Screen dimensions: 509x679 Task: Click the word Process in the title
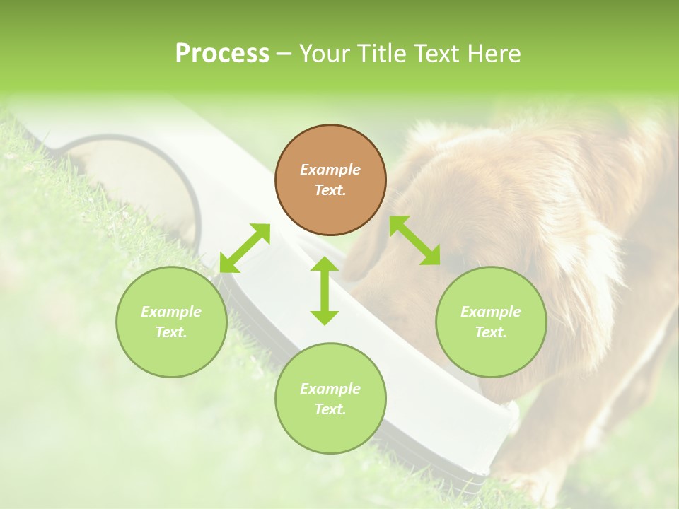click(x=222, y=54)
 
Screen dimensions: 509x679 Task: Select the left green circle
click(x=171, y=322)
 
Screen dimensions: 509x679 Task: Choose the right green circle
click(x=491, y=322)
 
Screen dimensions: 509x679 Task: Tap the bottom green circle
click(x=330, y=398)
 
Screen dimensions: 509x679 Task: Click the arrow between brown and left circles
click(x=245, y=248)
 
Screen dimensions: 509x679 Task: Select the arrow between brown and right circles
click(x=415, y=240)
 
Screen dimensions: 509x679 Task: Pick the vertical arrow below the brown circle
click(x=325, y=291)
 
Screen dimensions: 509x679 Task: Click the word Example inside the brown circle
click(x=330, y=170)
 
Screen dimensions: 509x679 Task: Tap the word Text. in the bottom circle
click(x=330, y=409)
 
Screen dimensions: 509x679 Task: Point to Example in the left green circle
click(x=171, y=312)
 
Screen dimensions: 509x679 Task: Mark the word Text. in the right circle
click(x=491, y=332)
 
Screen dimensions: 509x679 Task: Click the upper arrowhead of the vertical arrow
click(x=325, y=264)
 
